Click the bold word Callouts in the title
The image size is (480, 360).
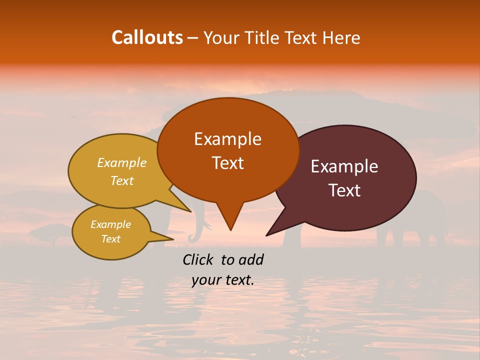[x=147, y=37]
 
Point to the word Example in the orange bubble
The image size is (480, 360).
[x=227, y=138]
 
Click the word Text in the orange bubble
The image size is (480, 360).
[x=227, y=162]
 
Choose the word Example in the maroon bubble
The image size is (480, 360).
[x=344, y=166]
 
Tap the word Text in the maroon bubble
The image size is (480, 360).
[x=344, y=190]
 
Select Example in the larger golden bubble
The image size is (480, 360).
[x=122, y=163]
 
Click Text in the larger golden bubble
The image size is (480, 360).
[x=122, y=180]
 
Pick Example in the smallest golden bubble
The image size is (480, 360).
[x=110, y=224]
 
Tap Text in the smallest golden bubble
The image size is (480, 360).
[x=110, y=239]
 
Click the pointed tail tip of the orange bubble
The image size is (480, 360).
[x=230, y=229]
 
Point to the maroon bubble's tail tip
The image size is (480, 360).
[x=267, y=235]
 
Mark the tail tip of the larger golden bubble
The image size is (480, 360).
[x=190, y=211]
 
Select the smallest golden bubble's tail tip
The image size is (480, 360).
[x=173, y=238]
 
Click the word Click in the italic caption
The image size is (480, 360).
[x=199, y=259]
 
